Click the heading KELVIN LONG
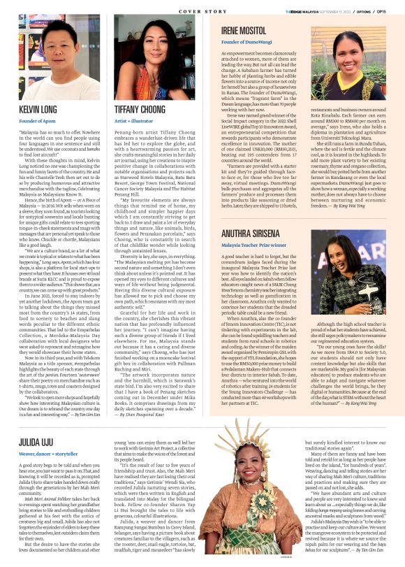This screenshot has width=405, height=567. click(x=38, y=110)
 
